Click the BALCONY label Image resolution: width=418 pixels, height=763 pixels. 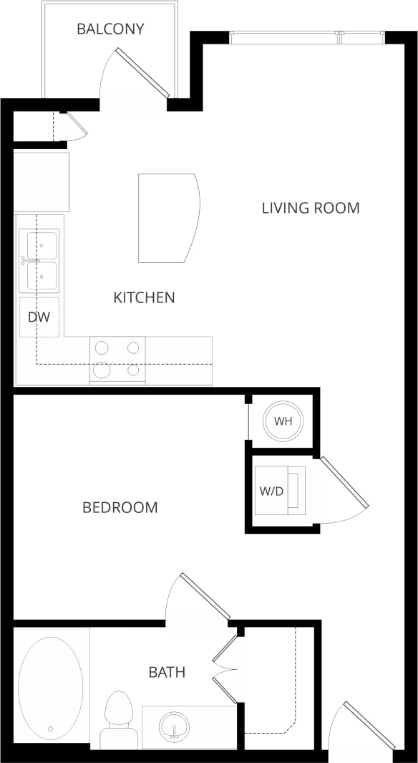tap(110, 29)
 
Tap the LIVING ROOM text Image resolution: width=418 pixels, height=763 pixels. tap(310, 208)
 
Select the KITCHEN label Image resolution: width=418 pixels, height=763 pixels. tap(144, 297)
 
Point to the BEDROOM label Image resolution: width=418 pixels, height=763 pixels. tap(120, 508)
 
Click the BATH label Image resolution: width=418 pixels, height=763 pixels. tap(167, 672)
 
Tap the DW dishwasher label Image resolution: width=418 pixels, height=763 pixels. tap(39, 316)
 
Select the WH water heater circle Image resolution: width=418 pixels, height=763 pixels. tap(283, 421)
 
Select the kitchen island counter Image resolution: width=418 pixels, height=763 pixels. tap(167, 218)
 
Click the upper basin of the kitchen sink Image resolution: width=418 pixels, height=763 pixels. tap(42, 245)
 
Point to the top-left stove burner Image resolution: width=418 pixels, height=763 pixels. tap(102, 348)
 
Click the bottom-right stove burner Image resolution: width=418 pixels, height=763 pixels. tap(133, 370)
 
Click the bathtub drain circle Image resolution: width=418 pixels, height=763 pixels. tap(50, 729)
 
